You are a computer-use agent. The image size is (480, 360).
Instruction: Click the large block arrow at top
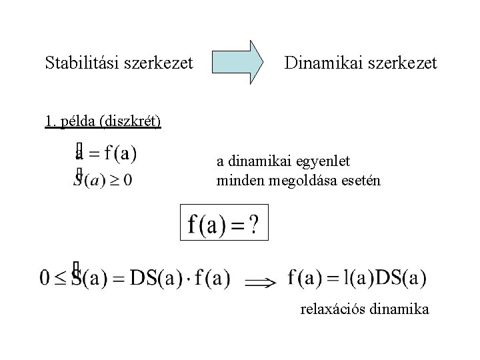coord(237,62)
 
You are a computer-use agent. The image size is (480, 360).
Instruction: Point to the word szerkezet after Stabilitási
coord(155,63)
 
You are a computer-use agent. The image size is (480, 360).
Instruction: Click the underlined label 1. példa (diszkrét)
coord(103,122)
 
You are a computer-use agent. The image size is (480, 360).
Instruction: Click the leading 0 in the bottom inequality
coord(45,277)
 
